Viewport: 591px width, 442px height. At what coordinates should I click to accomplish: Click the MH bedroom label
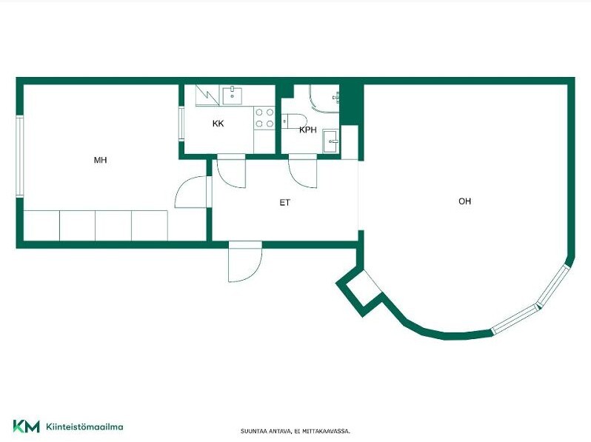point(100,160)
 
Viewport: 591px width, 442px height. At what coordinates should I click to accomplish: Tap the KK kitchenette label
point(218,124)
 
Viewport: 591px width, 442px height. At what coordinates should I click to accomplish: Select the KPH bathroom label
point(308,130)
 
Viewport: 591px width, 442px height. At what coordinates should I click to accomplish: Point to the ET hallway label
point(285,203)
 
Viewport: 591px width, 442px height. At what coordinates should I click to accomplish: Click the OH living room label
point(465,201)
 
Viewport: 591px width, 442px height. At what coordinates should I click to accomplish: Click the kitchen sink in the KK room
point(233,96)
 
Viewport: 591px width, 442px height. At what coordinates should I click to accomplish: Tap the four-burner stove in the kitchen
point(264,118)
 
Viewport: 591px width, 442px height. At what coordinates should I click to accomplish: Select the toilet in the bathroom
point(294,121)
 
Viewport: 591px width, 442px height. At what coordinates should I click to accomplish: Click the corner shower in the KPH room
point(324,98)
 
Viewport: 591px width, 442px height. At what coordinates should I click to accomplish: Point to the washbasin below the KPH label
point(331,141)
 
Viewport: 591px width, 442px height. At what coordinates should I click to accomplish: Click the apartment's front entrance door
point(245,262)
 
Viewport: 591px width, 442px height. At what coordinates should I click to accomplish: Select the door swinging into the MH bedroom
point(192,192)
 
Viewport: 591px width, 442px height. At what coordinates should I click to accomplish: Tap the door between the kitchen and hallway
point(231,173)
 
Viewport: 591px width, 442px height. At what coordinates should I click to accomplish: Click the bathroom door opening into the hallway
point(303,173)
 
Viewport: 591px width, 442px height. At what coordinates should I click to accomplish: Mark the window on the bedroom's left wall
point(19,156)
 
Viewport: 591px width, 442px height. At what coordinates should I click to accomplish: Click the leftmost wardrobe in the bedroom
point(41,225)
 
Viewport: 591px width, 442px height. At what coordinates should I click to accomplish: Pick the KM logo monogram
point(27,426)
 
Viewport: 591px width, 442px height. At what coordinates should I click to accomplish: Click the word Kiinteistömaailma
point(84,427)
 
